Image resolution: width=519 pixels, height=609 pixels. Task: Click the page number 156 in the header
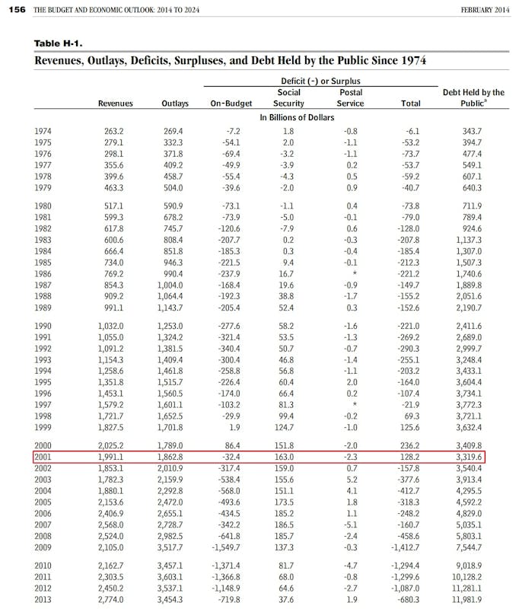tap(16, 10)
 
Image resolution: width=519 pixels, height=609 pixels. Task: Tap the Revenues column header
tap(115, 104)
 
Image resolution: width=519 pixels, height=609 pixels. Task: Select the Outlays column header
tap(176, 104)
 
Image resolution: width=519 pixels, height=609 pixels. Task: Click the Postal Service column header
tap(350, 97)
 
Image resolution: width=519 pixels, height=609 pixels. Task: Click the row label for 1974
tap(44, 132)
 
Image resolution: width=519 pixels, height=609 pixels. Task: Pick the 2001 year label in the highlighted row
tap(44, 457)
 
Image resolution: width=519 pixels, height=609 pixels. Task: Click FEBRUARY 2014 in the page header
tap(486, 10)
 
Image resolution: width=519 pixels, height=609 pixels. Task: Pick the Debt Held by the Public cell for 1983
tap(469, 240)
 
